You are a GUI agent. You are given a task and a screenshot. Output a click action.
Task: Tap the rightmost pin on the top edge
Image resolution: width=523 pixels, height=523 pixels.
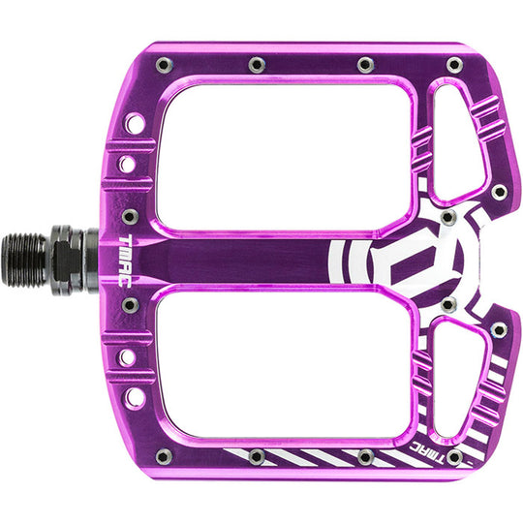pyautogui.click(x=454, y=65)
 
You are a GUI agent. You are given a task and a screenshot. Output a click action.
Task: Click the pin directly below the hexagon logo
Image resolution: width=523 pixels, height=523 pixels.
pyautogui.click(x=447, y=305)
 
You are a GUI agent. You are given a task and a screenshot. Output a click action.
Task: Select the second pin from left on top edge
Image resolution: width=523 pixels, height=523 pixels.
pyautogui.click(x=257, y=65)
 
